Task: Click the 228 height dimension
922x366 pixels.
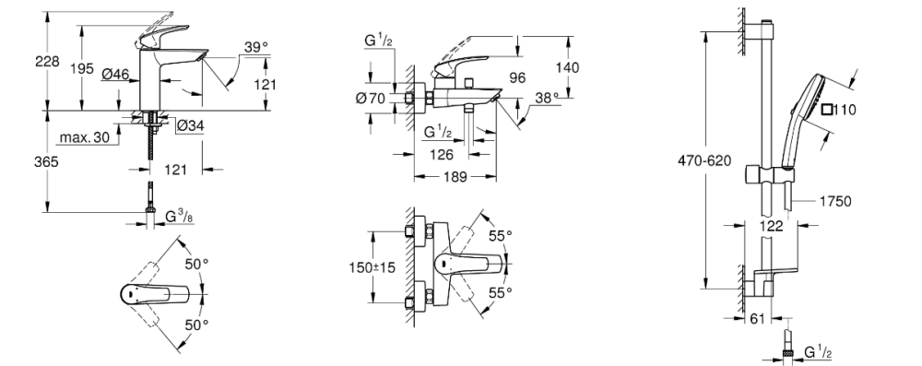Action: (x=48, y=61)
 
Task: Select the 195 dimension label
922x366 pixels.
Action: (x=82, y=68)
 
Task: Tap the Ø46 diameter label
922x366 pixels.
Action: (x=115, y=74)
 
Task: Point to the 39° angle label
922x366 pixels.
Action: (x=255, y=47)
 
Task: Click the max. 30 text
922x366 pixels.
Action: (x=84, y=137)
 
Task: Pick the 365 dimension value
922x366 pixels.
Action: (x=46, y=161)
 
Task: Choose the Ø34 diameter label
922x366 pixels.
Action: (x=190, y=125)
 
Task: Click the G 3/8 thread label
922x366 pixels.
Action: (x=179, y=218)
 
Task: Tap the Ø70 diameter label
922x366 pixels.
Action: (x=371, y=99)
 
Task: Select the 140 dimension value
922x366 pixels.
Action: (x=567, y=67)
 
